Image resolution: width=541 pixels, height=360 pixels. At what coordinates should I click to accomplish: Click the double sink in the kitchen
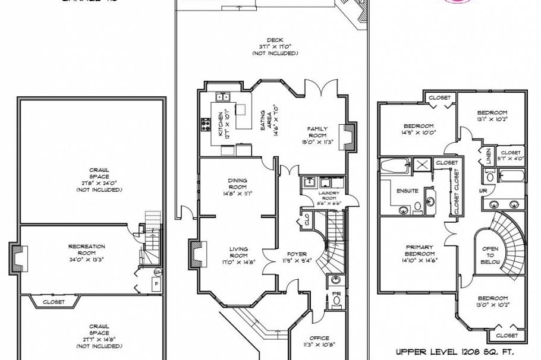(223, 96)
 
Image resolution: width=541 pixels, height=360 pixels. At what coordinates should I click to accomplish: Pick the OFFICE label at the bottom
(319, 338)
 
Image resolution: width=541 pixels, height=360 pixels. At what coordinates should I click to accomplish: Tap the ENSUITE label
(407, 191)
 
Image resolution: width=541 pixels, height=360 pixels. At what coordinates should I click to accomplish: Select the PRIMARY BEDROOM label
(419, 250)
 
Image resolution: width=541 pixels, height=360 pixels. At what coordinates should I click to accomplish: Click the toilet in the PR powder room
(337, 301)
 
